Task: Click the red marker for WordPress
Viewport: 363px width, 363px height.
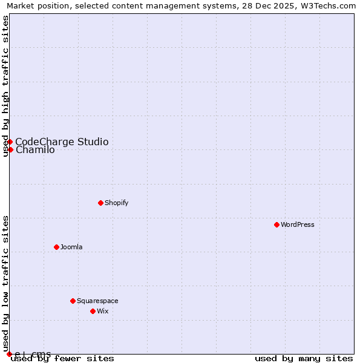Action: click(x=276, y=224)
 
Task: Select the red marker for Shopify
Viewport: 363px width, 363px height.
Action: click(x=100, y=203)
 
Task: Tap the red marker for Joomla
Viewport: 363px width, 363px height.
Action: click(x=56, y=247)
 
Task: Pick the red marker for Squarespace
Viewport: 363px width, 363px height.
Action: click(x=73, y=301)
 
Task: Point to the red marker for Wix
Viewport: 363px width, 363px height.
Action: click(x=93, y=311)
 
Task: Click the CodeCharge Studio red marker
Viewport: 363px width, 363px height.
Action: click(x=10, y=142)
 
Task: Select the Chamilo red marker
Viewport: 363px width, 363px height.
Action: click(x=10, y=149)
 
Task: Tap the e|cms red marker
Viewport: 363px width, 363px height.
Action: click(x=10, y=354)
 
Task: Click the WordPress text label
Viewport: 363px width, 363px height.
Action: click(x=298, y=224)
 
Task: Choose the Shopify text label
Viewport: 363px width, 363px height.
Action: click(x=116, y=203)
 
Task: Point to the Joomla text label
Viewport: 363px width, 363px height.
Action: click(x=71, y=247)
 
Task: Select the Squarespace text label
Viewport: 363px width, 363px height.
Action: click(x=97, y=301)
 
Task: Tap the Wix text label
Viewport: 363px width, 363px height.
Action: click(x=103, y=311)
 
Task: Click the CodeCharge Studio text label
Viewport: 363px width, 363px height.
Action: click(x=62, y=142)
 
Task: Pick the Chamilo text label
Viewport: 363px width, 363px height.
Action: click(x=35, y=150)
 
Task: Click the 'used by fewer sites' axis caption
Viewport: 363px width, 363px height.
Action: click(x=62, y=358)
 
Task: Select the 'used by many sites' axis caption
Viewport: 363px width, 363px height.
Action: click(x=304, y=358)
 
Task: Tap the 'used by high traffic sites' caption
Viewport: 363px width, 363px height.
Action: click(x=5, y=87)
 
